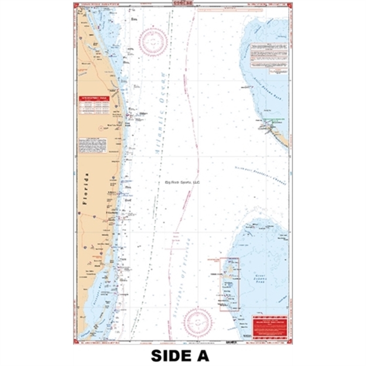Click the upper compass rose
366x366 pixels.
point(153,41)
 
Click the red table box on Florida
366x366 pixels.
point(93,105)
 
